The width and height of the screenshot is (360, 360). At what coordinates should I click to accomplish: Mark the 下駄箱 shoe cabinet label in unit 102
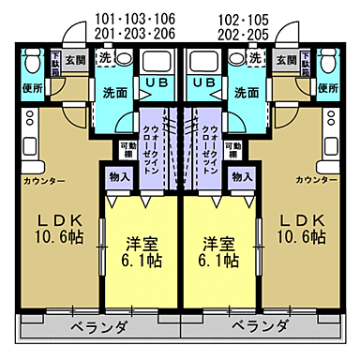pyautogui.click(x=301, y=65)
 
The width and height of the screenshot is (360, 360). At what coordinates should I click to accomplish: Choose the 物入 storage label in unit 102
pyautogui.click(x=242, y=176)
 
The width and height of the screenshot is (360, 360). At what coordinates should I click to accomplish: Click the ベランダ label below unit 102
pyautogui.click(x=260, y=326)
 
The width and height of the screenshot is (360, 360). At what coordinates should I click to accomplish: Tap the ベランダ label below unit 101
pyautogui.click(x=99, y=326)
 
